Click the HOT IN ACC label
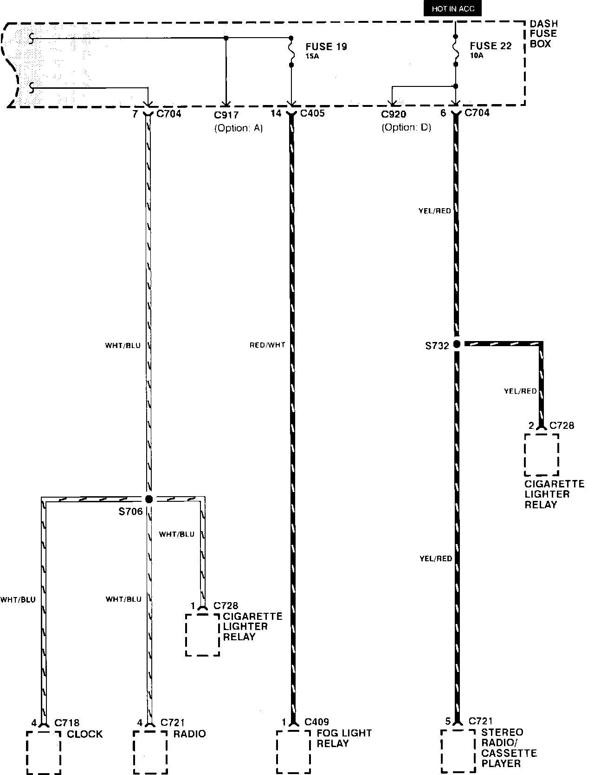pos(452,9)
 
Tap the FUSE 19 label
pos(326,46)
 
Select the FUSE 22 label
pos(491,46)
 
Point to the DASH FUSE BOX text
pos(543,33)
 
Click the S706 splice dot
pos(149,499)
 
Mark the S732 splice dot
pos(457,344)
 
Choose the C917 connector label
pos(226,115)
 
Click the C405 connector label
pos(312,113)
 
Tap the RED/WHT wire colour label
pos(267,345)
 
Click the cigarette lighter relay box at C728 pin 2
pos(542,455)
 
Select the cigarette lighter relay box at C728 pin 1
pos(202,634)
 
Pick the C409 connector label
pos(316,722)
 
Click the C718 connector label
pos(67,723)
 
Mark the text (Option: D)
pos(406,127)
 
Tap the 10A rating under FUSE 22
pos(477,55)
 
